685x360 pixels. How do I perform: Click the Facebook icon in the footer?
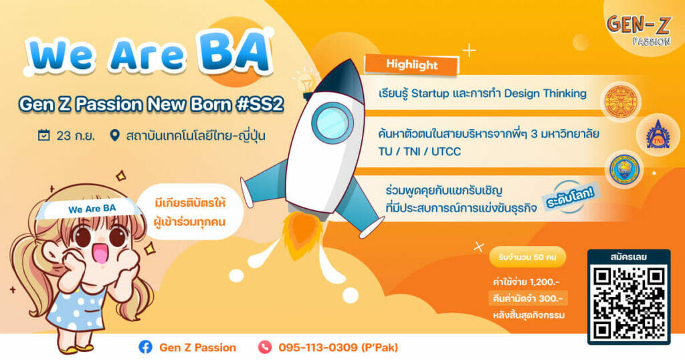[145, 347]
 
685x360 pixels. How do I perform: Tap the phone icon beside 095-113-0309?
[265, 347]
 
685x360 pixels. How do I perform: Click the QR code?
[629, 303]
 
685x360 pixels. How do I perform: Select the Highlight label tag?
[411, 65]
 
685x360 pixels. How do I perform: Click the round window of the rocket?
[332, 122]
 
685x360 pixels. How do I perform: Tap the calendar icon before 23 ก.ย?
[43, 135]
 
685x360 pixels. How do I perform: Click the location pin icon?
[114, 135]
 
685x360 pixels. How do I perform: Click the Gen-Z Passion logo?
[639, 29]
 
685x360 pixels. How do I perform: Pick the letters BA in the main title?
[235, 54]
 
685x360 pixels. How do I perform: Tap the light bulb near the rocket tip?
[305, 82]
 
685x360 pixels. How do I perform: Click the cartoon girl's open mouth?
[100, 252]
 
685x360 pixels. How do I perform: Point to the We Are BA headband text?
[92, 208]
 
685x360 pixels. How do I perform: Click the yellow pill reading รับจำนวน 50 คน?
[527, 257]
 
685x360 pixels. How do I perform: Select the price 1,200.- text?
[544, 282]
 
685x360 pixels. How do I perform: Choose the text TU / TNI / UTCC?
[419, 152]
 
